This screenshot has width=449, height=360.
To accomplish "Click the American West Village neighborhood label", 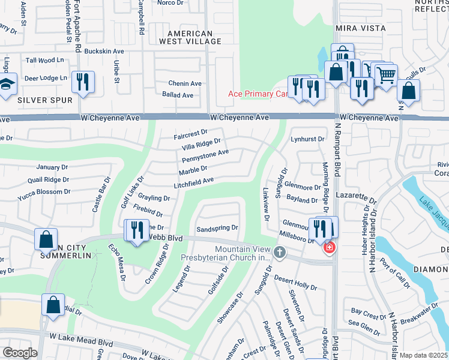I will pos(190,37).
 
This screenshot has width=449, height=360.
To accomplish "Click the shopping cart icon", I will pos(386,76).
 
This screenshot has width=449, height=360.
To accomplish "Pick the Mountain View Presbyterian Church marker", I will pos(279,252).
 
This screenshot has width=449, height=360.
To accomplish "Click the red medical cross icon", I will pos(328,247).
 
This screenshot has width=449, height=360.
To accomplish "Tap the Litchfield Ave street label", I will pos(193,181).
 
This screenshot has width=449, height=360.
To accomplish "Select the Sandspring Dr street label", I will pos(217,229).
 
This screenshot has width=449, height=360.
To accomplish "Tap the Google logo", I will pos(20,352).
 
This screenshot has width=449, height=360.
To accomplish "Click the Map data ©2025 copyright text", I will pos(423,355).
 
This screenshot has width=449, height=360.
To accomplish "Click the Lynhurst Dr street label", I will pos(307,139).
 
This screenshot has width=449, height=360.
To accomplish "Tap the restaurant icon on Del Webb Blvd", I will pos(136,230).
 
